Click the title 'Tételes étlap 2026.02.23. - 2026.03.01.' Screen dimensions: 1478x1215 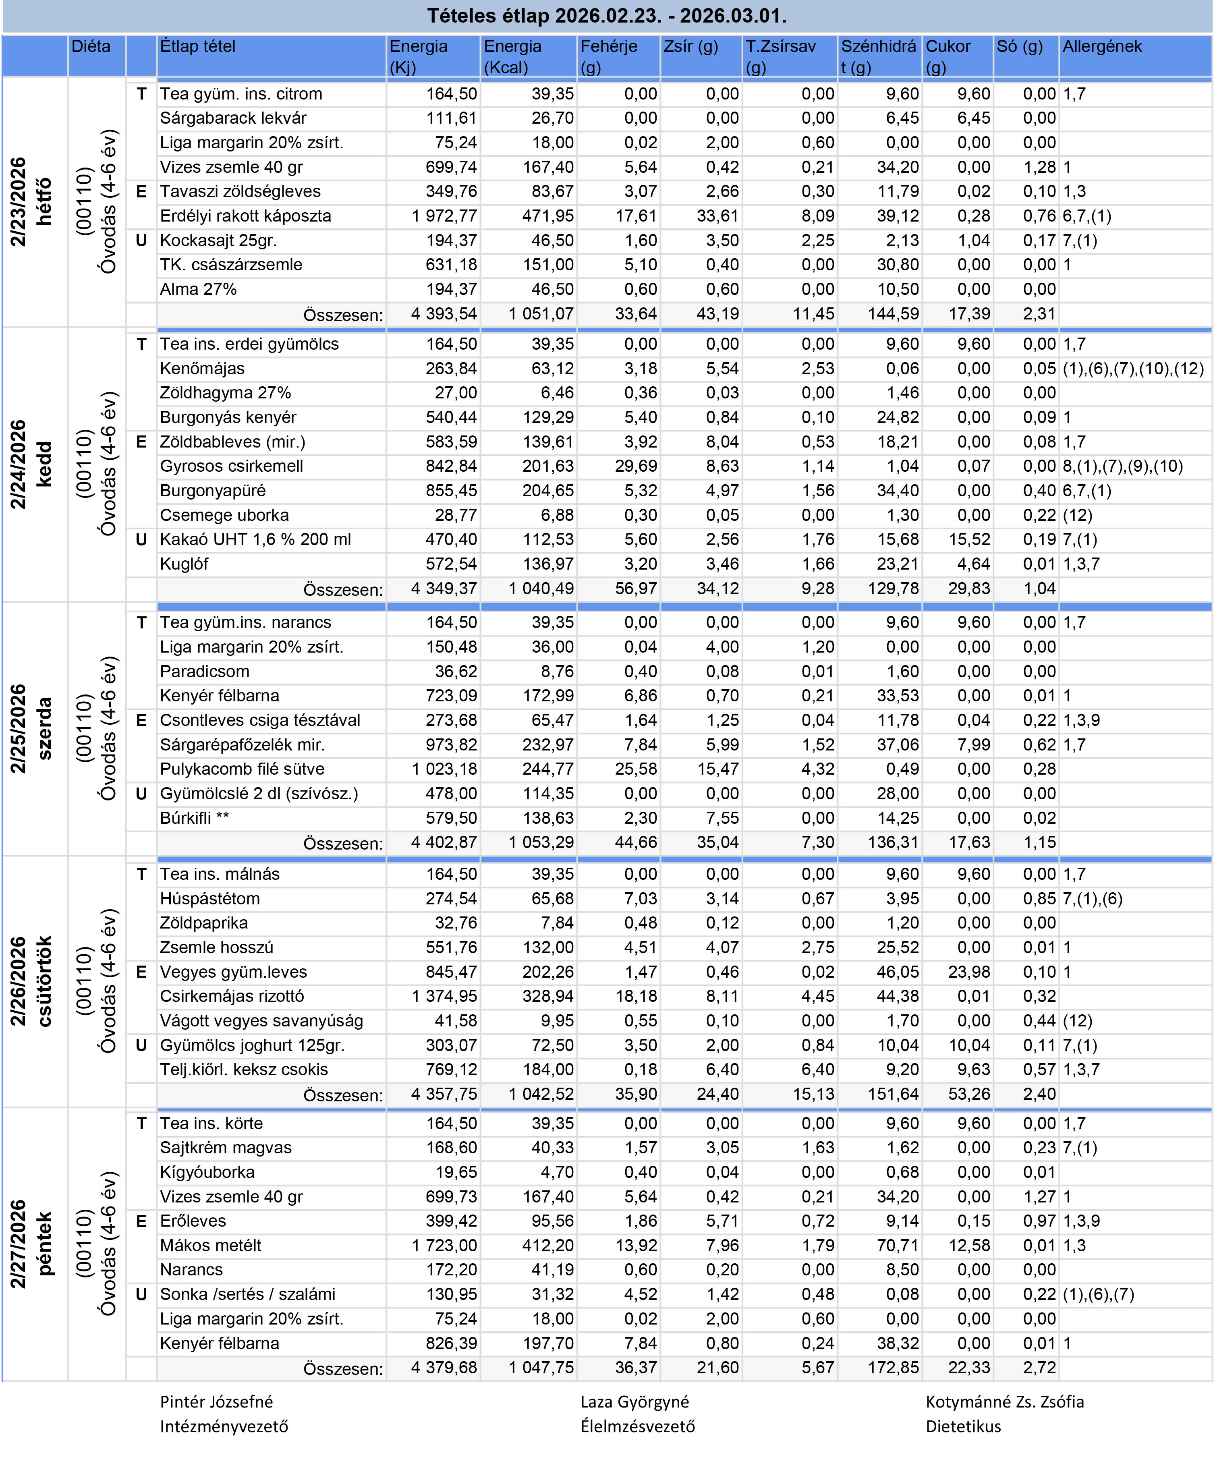[607, 15]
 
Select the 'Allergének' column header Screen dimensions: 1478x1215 [1102, 47]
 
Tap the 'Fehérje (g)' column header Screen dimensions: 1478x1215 [608, 56]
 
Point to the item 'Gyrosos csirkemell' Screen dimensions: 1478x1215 [231, 466]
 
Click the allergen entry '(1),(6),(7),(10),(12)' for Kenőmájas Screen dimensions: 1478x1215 [1132, 369]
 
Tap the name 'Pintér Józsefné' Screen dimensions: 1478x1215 [216, 1402]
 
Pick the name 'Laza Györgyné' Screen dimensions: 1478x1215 [634, 1402]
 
